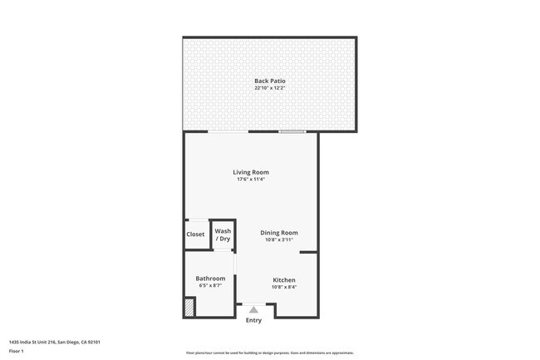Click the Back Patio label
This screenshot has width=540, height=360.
point(270,81)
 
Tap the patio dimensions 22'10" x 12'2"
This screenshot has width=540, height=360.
point(270,88)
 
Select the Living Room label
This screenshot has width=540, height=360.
point(251,172)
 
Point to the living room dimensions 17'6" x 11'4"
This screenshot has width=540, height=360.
point(251,180)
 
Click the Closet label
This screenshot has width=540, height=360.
point(195,234)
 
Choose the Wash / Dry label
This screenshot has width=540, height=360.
point(223,234)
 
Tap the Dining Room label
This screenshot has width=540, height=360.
point(278,233)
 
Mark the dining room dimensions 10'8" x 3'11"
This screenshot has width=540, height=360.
point(278,240)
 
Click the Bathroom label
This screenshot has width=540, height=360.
point(210,279)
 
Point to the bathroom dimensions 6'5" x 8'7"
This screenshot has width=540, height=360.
point(210,286)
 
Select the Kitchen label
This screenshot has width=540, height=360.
point(284,280)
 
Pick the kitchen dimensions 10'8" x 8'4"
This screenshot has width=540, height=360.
point(284,288)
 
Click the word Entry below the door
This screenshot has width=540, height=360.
point(253,320)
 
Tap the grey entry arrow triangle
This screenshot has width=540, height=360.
point(253,309)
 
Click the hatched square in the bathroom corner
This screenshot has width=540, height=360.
point(189,307)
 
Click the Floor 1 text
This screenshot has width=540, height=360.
point(16,351)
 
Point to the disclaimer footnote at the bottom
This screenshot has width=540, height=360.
point(270,353)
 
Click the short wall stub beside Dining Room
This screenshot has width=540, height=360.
point(308,252)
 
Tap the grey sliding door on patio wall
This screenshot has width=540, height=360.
point(292,131)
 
